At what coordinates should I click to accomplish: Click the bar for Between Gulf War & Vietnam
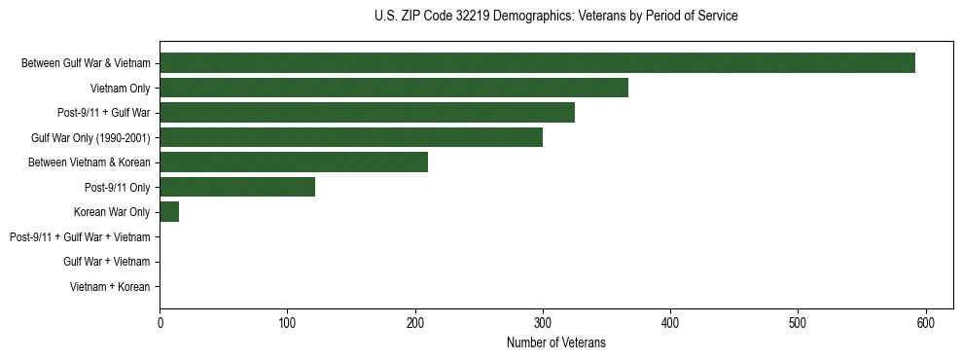[537, 63]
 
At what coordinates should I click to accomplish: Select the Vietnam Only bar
[394, 88]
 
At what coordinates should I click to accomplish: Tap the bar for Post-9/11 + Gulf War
[367, 113]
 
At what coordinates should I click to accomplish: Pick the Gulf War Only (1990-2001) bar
[351, 137]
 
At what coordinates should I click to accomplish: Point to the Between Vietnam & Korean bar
[294, 162]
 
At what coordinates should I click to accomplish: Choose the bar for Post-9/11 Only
[237, 187]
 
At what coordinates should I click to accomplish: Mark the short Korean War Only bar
[169, 211]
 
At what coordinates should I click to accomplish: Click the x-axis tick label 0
[160, 322]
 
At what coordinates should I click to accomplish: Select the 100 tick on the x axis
[288, 322]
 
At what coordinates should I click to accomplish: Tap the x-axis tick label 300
[543, 322]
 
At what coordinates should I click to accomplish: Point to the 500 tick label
[798, 322]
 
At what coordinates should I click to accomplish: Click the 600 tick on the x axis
[925, 322]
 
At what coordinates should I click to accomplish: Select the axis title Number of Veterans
[556, 342]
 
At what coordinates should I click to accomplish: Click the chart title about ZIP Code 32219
[555, 17]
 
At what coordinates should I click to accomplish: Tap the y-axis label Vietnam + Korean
[110, 287]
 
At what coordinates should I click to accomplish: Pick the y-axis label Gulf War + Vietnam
[106, 262]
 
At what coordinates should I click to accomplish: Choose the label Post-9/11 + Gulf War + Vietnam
[80, 236]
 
